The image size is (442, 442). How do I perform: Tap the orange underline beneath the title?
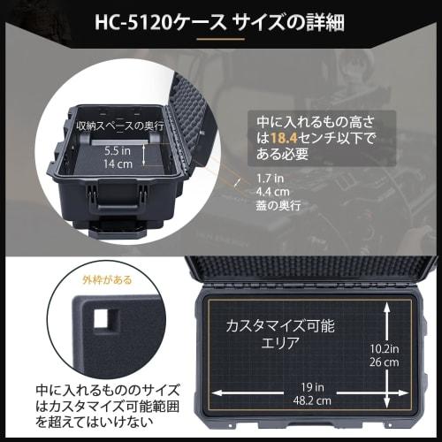pos(221,39)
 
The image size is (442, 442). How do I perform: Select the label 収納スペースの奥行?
pos(118,126)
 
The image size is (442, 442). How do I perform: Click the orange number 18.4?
pos(296,137)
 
